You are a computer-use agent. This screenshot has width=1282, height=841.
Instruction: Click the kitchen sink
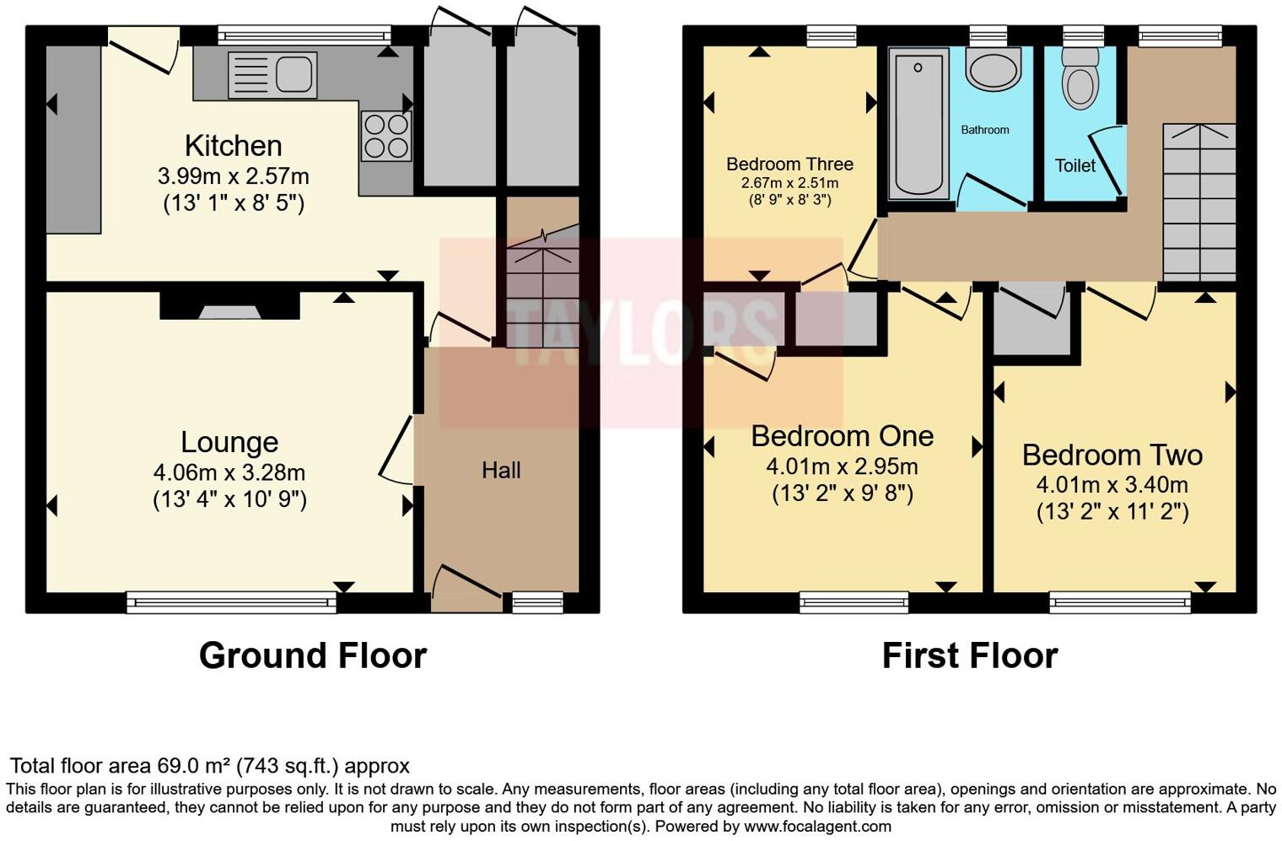coord(272,75)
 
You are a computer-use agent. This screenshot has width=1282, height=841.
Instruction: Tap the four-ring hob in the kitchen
coord(386,136)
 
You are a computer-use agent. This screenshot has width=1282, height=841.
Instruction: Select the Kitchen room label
coord(233,146)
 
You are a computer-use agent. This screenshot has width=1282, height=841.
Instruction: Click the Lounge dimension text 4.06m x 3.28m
coord(229,472)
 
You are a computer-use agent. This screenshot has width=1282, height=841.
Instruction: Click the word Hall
coord(501,471)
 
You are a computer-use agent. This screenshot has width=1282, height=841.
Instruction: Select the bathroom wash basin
coord(993,68)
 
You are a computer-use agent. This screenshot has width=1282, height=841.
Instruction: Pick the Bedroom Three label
coord(789,164)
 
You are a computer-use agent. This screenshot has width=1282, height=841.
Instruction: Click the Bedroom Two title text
coord(1112,456)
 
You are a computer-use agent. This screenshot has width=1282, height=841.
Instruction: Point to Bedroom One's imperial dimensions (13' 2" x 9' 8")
coord(842,493)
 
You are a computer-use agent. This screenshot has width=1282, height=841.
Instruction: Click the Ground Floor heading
coord(313,655)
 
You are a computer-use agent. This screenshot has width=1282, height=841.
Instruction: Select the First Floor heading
coord(969,655)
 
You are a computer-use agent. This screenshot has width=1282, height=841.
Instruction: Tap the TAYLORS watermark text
coord(641,332)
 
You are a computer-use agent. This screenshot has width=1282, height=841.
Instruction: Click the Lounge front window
coord(231,601)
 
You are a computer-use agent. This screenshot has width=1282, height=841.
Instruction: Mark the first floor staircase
coord(1199,202)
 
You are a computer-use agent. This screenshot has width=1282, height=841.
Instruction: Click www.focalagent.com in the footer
coord(817,827)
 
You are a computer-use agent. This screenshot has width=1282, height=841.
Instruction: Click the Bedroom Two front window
coord(1120,601)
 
